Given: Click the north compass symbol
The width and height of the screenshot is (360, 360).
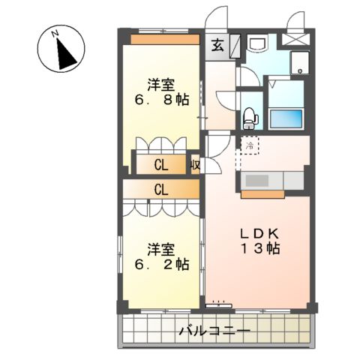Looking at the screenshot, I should pos(59,50).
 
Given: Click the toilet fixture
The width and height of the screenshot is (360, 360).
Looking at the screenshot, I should pos(249,117).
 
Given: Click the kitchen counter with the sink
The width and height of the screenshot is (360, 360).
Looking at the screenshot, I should pos(271,181).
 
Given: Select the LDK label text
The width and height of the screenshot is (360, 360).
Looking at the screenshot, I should pos(258,233).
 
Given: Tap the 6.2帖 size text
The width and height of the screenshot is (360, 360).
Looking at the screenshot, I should pos(162,264).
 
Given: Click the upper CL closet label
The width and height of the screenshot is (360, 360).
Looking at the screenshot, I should pos(161,165).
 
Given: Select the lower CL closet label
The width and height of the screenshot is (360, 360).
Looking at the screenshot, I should pos(161,190).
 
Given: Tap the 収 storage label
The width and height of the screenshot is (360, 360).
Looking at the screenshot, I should pos(194,165).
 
